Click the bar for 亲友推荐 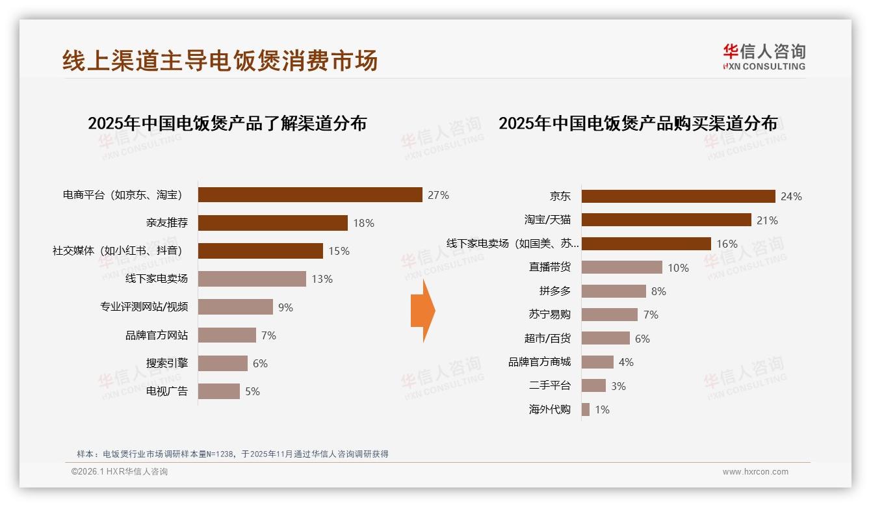click(272, 223)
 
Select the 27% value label click(438, 195)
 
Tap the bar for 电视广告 click(218, 391)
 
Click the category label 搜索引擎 click(167, 363)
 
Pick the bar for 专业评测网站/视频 click(235, 307)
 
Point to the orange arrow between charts click(422, 311)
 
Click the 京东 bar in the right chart click(678, 196)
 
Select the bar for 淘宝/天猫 click(666, 220)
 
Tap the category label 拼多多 click(554, 291)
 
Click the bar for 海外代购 click(586, 409)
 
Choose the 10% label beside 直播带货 click(678, 268)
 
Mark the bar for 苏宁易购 click(609, 315)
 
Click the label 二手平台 click(550, 385)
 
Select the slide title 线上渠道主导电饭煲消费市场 click(220, 61)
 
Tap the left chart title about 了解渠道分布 click(227, 123)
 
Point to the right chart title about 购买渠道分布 click(638, 123)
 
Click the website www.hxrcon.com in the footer click(755, 472)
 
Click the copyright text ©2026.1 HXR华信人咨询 click(120, 472)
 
